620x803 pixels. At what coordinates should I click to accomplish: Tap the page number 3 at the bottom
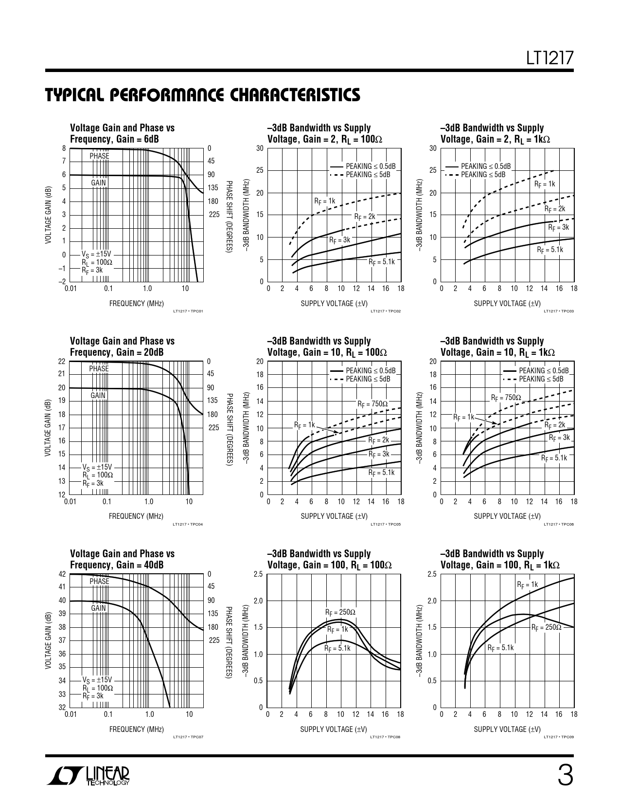[565, 776]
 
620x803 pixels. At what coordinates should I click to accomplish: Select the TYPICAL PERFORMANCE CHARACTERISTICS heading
[202, 95]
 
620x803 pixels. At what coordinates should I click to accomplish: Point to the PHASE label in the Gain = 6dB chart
[99, 156]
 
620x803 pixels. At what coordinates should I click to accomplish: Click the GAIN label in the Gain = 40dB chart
[98, 608]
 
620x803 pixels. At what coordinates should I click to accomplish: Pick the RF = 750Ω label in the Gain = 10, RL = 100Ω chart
[372, 404]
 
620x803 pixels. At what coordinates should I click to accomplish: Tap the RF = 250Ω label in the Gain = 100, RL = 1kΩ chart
[546, 627]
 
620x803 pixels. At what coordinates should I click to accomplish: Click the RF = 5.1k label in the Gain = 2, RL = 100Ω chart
[382, 262]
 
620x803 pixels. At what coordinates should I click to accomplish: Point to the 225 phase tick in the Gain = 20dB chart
[214, 428]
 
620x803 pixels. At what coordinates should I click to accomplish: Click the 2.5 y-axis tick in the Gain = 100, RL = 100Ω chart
[258, 574]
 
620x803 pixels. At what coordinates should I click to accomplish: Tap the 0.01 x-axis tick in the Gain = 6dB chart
[71, 289]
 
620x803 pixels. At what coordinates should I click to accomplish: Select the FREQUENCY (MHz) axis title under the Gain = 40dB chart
[136, 729]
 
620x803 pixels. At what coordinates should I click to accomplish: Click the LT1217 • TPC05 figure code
[385, 524]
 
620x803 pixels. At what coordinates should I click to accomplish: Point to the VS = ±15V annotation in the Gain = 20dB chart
[97, 467]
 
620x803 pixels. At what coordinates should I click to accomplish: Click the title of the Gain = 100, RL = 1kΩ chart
[499, 559]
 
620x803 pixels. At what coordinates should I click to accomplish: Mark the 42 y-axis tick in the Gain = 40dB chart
[62, 574]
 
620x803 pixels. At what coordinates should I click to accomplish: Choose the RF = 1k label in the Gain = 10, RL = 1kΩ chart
[463, 417]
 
